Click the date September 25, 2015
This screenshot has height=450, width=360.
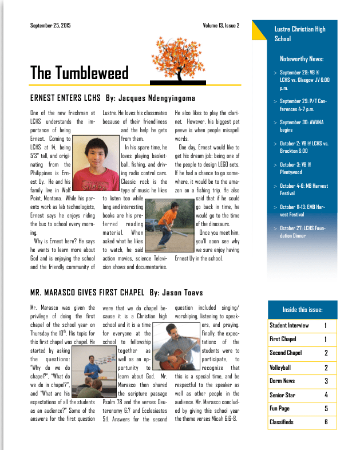[x=50, y=26]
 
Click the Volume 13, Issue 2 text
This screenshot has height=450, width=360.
[x=220, y=26]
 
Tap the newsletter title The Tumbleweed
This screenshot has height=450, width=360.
[x=80, y=73]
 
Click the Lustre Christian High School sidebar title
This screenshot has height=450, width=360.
[x=300, y=34]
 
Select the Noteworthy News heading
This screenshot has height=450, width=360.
[x=302, y=59]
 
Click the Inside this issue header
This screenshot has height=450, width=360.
[x=302, y=310]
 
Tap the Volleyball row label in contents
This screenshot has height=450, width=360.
[x=280, y=368]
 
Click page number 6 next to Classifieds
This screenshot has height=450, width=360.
[x=326, y=423]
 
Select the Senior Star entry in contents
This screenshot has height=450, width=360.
[x=283, y=395]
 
